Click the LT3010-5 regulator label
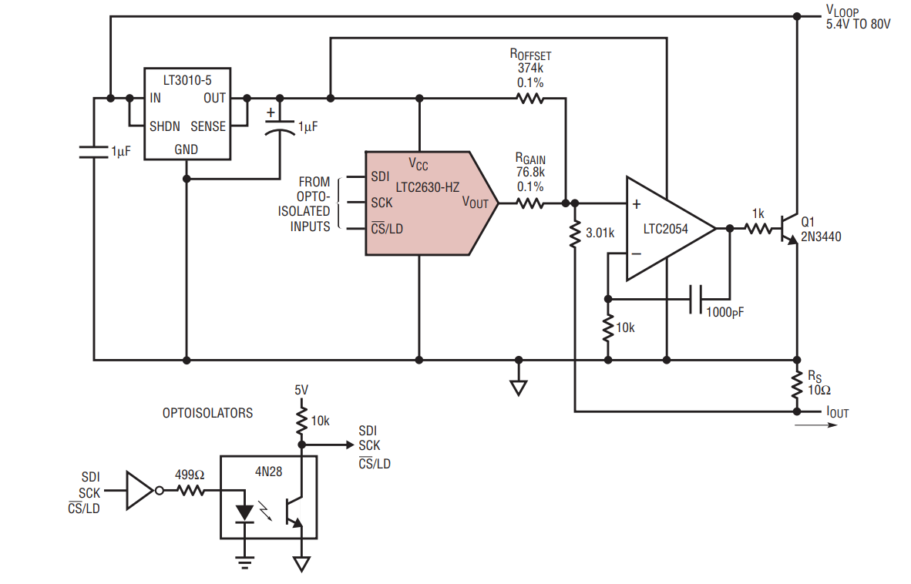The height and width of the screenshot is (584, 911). pos(187,80)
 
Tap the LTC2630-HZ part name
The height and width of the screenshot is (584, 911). pos(427,187)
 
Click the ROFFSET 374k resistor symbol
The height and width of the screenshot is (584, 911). pos(529,99)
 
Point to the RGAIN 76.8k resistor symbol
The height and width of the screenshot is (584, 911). pos(529,203)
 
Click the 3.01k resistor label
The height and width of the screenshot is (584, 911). pos(600,233)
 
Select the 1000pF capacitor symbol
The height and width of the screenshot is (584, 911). pos(695,300)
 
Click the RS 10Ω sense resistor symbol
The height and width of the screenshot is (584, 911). pos(796,385)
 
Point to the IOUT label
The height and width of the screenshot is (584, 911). pos(837,412)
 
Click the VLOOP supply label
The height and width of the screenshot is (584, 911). pos(842,11)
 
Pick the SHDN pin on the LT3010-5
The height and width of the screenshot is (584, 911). pos(164,126)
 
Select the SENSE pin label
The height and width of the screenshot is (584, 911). pos(208,126)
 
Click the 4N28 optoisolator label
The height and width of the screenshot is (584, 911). pos(268,472)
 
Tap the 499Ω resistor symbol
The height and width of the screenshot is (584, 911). pos(190,491)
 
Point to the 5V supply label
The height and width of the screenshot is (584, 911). pos(301,390)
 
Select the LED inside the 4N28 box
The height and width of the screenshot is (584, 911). pos(244,513)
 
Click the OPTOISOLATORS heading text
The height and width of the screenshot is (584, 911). pos(207,413)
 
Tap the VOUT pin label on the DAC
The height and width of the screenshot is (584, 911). pos(476,203)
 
